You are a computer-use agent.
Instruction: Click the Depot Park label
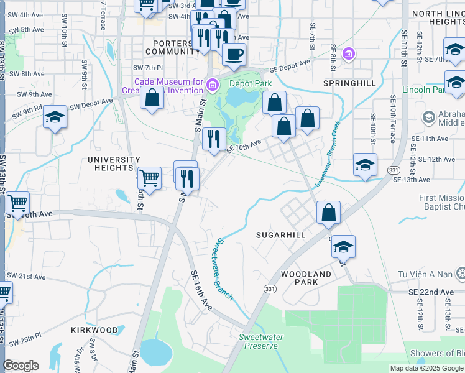pyautogui.click(x=251, y=83)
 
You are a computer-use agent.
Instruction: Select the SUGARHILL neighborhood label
pyautogui.click(x=281, y=236)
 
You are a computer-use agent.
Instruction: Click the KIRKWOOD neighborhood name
pyautogui.click(x=94, y=329)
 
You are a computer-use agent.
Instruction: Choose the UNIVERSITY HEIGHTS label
pyautogui.click(x=114, y=163)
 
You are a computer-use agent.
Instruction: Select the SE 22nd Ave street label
pyautogui.click(x=431, y=292)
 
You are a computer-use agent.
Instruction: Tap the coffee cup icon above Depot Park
pyautogui.click(x=234, y=54)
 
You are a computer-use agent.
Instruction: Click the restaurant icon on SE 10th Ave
pyautogui.click(x=214, y=139)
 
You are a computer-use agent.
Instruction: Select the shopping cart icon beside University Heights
pyautogui.click(x=149, y=178)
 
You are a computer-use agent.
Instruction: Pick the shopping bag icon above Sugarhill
pyautogui.click(x=328, y=212)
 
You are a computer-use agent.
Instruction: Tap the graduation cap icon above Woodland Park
pyautogui.click(x=343, y=246)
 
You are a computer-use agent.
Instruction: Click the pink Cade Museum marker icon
pyautogui.click(x=212, y=83)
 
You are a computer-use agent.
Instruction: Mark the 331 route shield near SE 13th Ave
pyautogui.click(x=393, y=169)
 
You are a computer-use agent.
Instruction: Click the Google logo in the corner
pyautogui.click(x=21, y=366)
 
